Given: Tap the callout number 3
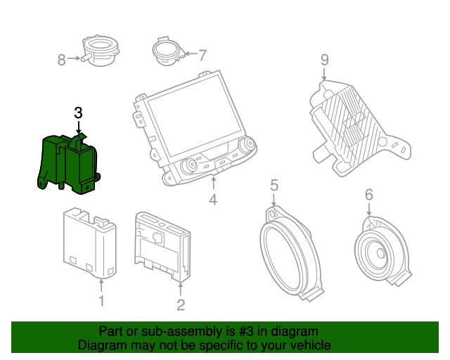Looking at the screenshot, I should tap(78, 112).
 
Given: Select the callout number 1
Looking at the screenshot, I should tap(101, 302).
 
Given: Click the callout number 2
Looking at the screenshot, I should tap(181, 304).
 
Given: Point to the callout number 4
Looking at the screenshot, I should tap(213, 200).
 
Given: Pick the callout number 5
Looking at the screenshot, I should tap(274, 186).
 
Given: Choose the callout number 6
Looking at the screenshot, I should tap(368, 195).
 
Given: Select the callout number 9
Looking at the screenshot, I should tap(324, 60).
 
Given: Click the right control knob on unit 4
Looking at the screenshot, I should tap(247, 146).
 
